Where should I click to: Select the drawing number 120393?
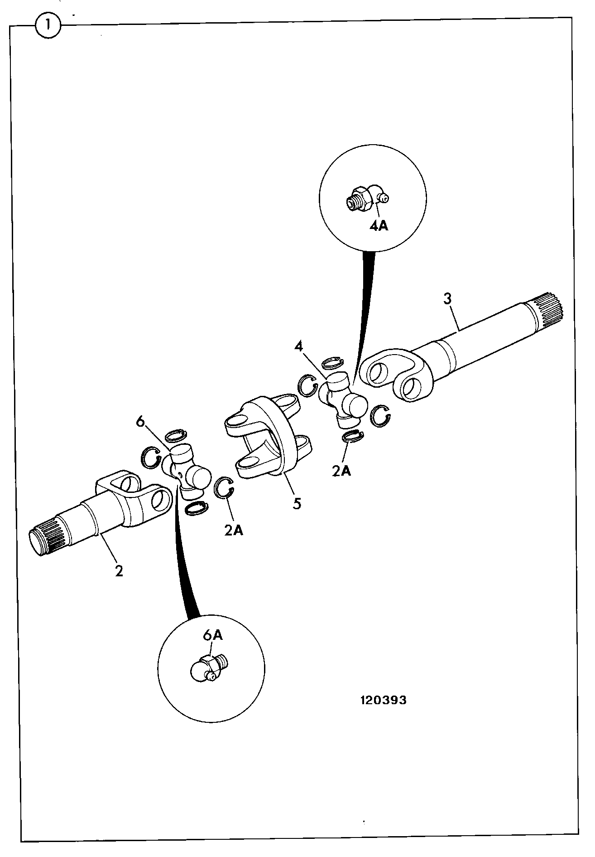[383, 700]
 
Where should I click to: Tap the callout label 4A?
[379, 225]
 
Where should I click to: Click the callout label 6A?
[212, 635]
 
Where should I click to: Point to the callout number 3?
[447, 299]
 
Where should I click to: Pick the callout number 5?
[297, 503]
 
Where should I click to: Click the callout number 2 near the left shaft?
[119, 570]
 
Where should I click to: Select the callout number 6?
[140, 422]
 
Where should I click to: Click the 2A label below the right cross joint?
[341, 471]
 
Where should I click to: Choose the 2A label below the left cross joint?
[234, 530]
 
